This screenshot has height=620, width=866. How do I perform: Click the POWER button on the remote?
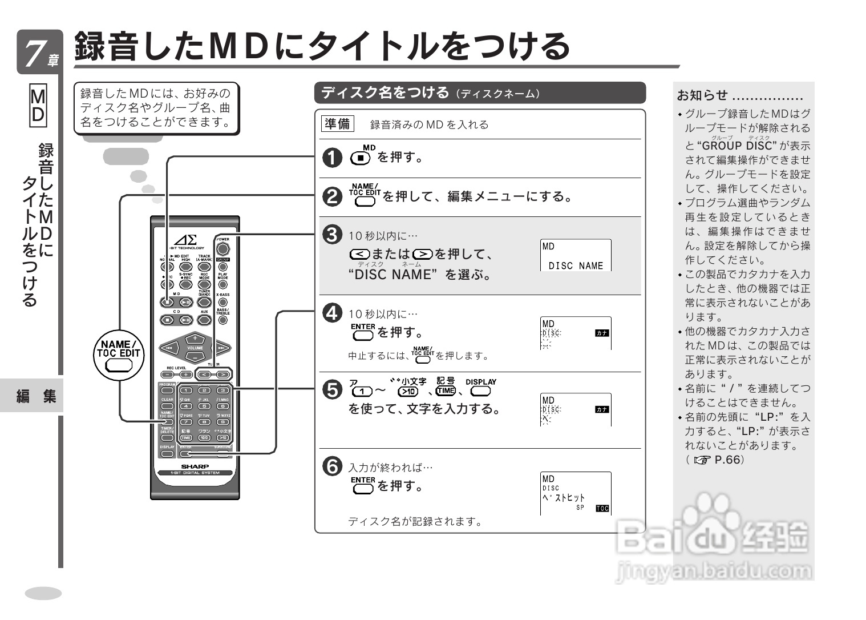[x=223, y=249]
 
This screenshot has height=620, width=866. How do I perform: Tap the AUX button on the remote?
[x=204, y=320]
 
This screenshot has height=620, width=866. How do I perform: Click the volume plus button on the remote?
[x=195, y=338]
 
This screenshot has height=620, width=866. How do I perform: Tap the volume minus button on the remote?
[x=195, y=357]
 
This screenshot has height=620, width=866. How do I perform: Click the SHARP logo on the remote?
[x=195, y=466]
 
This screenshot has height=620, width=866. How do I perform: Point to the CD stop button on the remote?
[x=168, y=320]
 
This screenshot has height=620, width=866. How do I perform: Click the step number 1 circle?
[x=332, y=158]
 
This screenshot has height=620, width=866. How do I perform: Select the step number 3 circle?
[x=332, y=235]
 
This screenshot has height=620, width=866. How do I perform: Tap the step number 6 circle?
[x=332, y=466]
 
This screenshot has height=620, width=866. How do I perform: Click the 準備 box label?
[x=337, y=124]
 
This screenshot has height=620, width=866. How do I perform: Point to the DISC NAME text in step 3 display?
[x=575, y=265]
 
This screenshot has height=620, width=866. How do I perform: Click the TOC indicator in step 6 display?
[x=602, y=508]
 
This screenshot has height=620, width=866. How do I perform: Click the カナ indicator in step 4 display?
[x=602, y=333]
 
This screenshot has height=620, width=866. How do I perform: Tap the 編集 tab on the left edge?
[x=37, y=396]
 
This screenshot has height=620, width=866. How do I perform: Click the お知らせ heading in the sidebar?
[x=702, y=95]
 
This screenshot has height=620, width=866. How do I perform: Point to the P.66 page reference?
[x=729, y=460]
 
